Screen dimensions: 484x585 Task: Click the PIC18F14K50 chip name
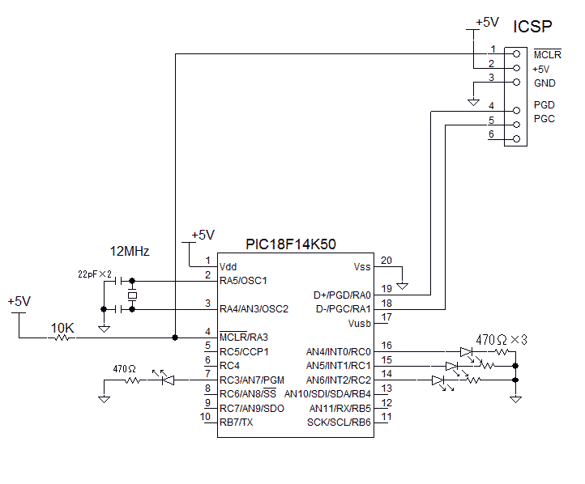point(290,243)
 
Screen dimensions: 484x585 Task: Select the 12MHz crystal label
point(130,252)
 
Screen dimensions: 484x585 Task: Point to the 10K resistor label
point(62,328)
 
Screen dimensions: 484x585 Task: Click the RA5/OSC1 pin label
point(243,281)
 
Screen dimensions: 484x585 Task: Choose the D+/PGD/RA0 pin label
point(342,295)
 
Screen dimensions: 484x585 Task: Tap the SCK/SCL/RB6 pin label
point(339,422)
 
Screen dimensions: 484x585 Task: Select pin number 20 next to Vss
point(386,260)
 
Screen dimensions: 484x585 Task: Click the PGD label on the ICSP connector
point(544,105)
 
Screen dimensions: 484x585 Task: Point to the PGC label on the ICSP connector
point(544,119)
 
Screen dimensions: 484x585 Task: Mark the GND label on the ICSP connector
point(544,83)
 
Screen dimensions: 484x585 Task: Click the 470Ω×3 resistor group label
point(501,339)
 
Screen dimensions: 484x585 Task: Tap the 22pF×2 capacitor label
point(94,274)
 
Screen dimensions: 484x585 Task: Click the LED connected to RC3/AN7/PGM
point(168,380)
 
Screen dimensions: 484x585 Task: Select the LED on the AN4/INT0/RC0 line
point(466,352)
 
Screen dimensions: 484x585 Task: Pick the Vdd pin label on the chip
point(228,266)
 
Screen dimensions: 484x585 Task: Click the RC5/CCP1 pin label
point(243,352)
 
